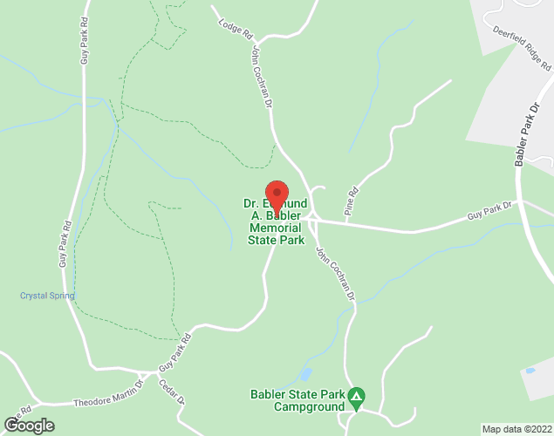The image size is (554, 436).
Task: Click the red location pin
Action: pos(277,194)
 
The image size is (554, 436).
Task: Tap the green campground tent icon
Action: pos(356,399)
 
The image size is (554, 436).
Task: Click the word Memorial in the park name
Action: pos(276,228)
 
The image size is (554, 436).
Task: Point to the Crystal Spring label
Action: pos(47,296)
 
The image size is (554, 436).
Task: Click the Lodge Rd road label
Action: pos(235,29)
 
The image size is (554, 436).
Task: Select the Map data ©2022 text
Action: pos(517,429)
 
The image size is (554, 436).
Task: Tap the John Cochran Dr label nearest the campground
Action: pos(336,273)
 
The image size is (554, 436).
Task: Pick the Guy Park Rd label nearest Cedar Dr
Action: pos(174,354)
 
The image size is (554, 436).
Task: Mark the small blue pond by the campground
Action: pos(304,375)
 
